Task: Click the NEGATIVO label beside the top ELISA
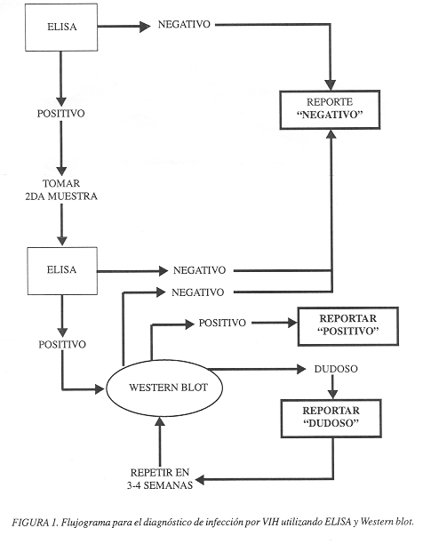coord(184,24)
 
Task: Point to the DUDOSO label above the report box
coord(336,369)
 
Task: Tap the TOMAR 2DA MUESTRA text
coord(61,189)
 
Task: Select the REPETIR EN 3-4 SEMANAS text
coord(160,479)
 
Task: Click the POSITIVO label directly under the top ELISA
coord(61,114)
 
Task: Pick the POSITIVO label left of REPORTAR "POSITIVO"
coord(222,323)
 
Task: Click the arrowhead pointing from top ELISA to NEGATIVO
coord(145,27)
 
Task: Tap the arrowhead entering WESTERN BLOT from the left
coord(100,389)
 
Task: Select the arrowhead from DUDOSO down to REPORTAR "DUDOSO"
coord(332,394)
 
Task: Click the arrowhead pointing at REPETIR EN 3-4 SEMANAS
coord(200,480)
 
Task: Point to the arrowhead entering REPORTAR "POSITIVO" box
coord(293,323)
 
